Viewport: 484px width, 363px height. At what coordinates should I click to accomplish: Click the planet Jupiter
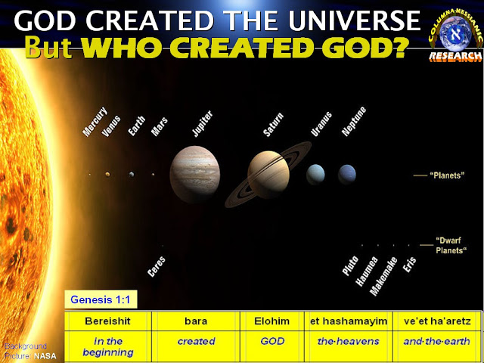point(195,174)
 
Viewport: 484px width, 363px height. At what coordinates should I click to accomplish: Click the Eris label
point(410,264)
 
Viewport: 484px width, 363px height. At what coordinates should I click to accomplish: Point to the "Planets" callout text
point(446,175)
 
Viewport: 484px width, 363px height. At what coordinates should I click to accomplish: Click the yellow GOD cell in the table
point(273,342)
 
